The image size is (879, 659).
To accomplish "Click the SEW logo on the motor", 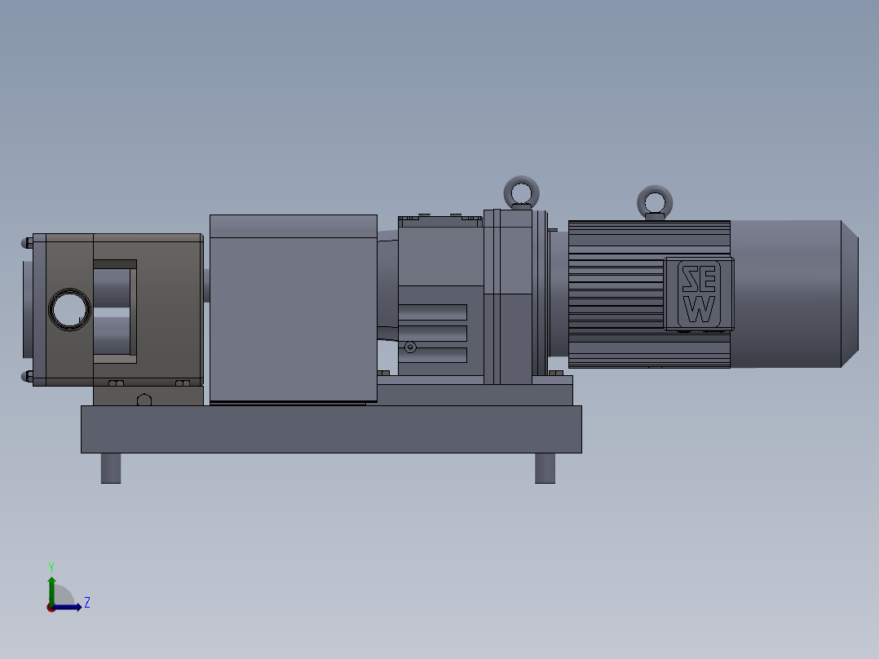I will coord(699,294).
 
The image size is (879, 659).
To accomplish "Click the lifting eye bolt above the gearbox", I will coord(521,192).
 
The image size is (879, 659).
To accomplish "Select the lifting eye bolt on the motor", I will coord(655,201).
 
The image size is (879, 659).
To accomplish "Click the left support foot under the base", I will coord(111,468).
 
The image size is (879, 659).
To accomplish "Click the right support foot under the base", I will coord(545,468).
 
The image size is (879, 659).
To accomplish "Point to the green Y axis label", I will coord(51,566).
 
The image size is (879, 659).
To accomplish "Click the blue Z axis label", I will coord(86,603).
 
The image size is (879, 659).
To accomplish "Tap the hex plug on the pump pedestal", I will coord(144,400).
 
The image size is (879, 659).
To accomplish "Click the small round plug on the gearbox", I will coord(410,347).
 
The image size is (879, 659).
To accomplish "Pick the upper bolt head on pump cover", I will coord(27,242).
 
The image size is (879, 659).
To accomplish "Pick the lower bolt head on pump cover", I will coord(27,376).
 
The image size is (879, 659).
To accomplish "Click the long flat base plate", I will coord(330,429).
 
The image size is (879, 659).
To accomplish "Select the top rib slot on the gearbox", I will coord(433,312).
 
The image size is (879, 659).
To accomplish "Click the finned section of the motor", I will coord(616,294).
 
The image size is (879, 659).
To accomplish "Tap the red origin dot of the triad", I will coord(51,608).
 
